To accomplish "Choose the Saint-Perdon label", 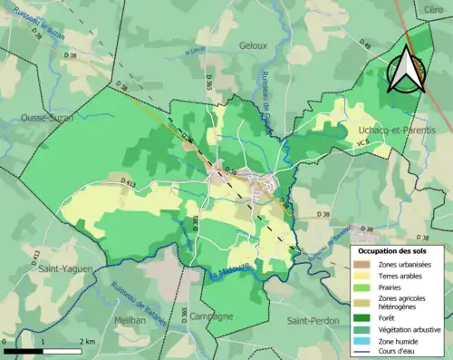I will (x=312, y=321).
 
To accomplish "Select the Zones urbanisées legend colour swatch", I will (x=361, y=264).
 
